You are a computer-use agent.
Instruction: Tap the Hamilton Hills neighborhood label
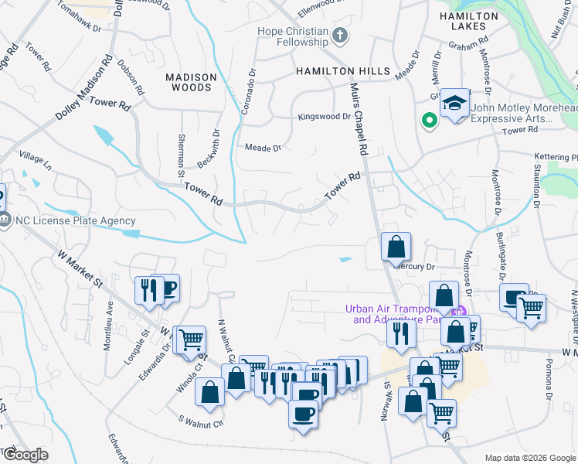pyautogui.click(x=343, y=71)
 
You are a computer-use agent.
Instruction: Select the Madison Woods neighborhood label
pyautogui.click(x=189, y=82)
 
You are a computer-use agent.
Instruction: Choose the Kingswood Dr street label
pyautogui.click(x=325, y=117)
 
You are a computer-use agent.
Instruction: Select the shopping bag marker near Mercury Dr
pyautogui.click(x=396, y=247)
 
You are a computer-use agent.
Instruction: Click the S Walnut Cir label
pyautogui.click(x=200, y=422)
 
